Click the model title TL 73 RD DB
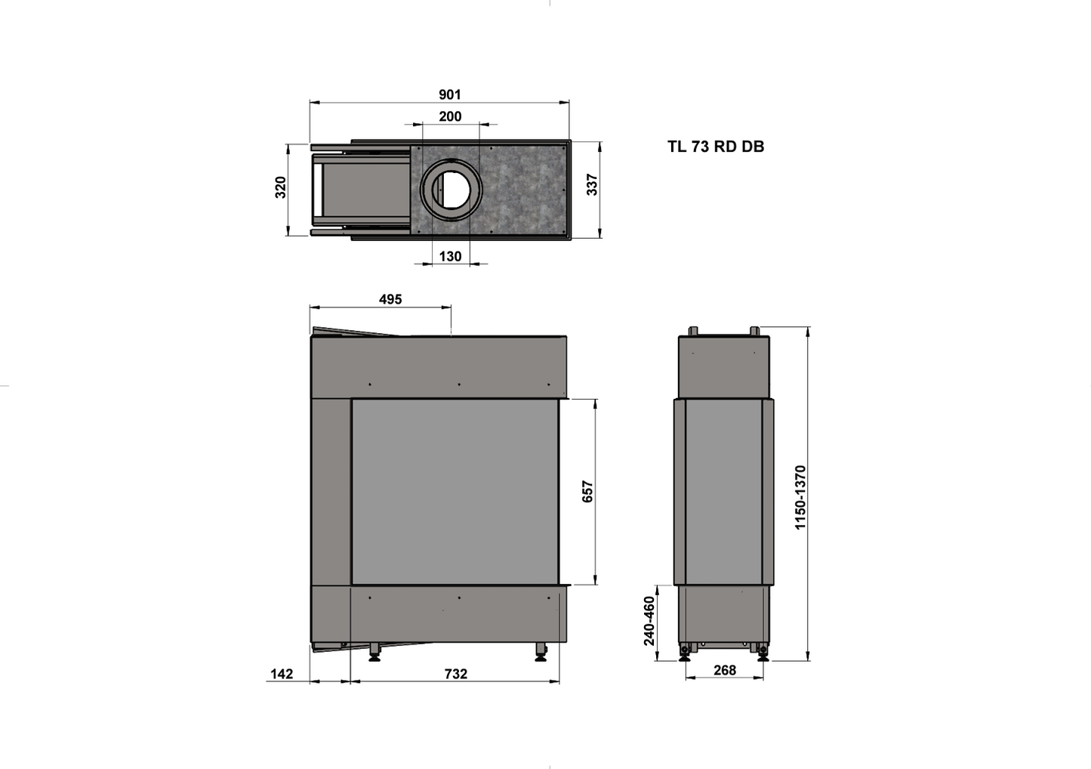[716, 147]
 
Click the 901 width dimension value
[449, 94]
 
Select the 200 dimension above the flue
[450, 116]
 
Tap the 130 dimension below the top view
[450, 256]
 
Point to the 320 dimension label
[281, 187]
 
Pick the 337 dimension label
[592, 185]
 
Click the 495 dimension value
[390, 299]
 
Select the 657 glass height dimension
[588, 491]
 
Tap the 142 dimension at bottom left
[282, 674]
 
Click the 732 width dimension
[456, 674]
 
